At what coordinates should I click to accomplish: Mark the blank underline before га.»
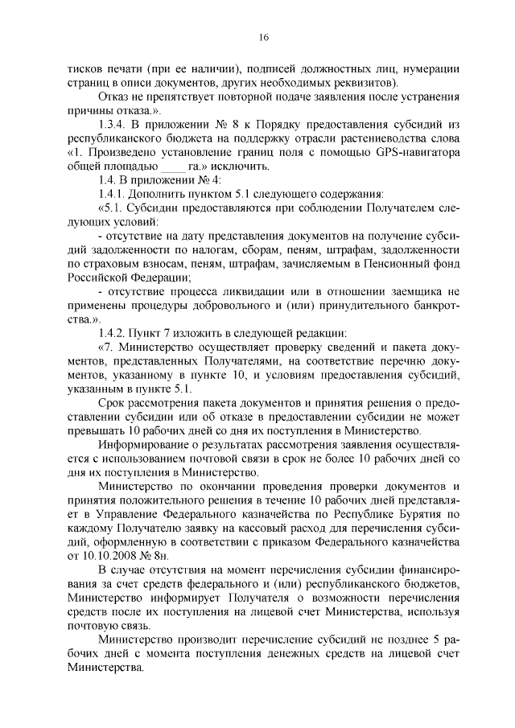tap(173, 166)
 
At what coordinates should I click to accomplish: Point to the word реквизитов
tap(358, 83)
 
